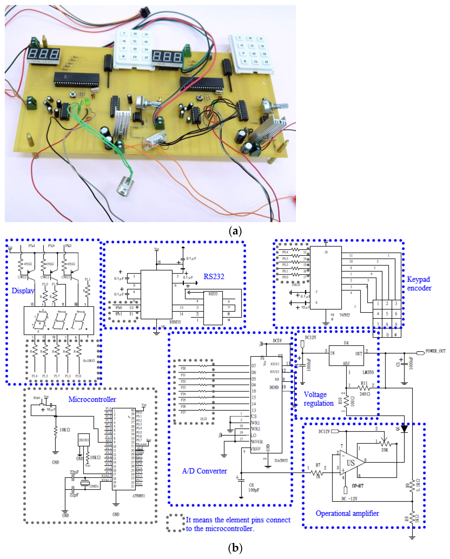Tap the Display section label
[23, 291]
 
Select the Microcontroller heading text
[92, 399]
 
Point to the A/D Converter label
[204, 471]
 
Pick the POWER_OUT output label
[435, 351]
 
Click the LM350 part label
[368, 372]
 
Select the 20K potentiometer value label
[385, 450]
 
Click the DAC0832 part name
[281, 461]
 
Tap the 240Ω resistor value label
[365, 394]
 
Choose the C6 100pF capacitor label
[253, 487]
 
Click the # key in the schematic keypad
[396, 334]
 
